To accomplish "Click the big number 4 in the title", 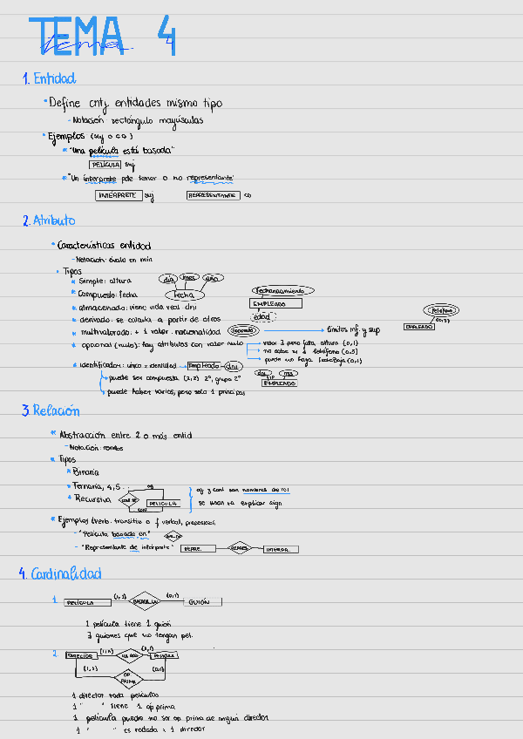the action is (x=166, y=36).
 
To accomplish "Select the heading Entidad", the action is (x=54, y=78).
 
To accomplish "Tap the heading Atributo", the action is (x=54, y=221).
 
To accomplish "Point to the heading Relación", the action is (x=56, y=410).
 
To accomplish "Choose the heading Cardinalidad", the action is (x=65, y=573).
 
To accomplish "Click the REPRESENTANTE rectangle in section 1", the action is (x=213, y=195).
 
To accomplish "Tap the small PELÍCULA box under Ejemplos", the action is (x=105, y=164).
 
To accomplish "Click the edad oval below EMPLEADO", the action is (x=260, y=317).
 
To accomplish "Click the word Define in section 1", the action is (x=65, y=103).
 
